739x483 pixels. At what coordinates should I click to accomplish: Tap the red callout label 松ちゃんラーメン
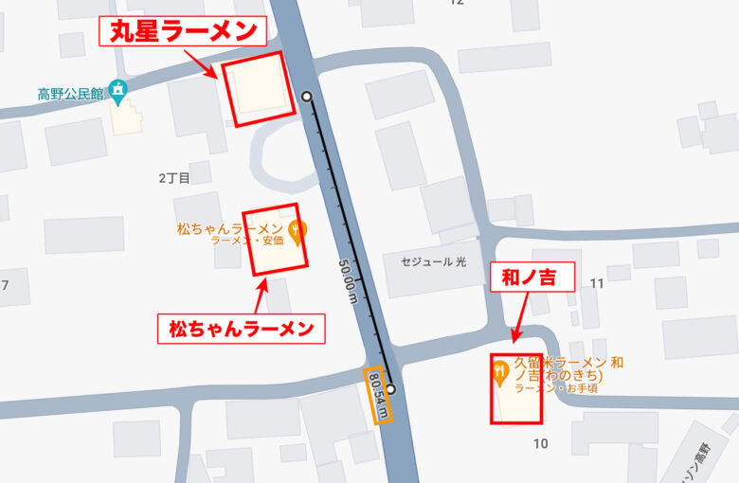[242, 329]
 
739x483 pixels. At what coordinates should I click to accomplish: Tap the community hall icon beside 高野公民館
[117, 92]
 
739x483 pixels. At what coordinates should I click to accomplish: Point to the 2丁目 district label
[174, 177]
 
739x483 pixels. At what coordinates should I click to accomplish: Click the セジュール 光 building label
[434, 260]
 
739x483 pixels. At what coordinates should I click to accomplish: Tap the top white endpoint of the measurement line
[306, 97]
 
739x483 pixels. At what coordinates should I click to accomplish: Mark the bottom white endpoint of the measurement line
[389, 388]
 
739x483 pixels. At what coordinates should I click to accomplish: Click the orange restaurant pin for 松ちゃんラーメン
[297, 231]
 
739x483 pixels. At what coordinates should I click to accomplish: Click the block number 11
[597, 283]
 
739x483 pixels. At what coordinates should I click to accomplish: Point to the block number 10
[541, 443]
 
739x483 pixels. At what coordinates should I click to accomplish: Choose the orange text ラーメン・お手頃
[556, 388]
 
